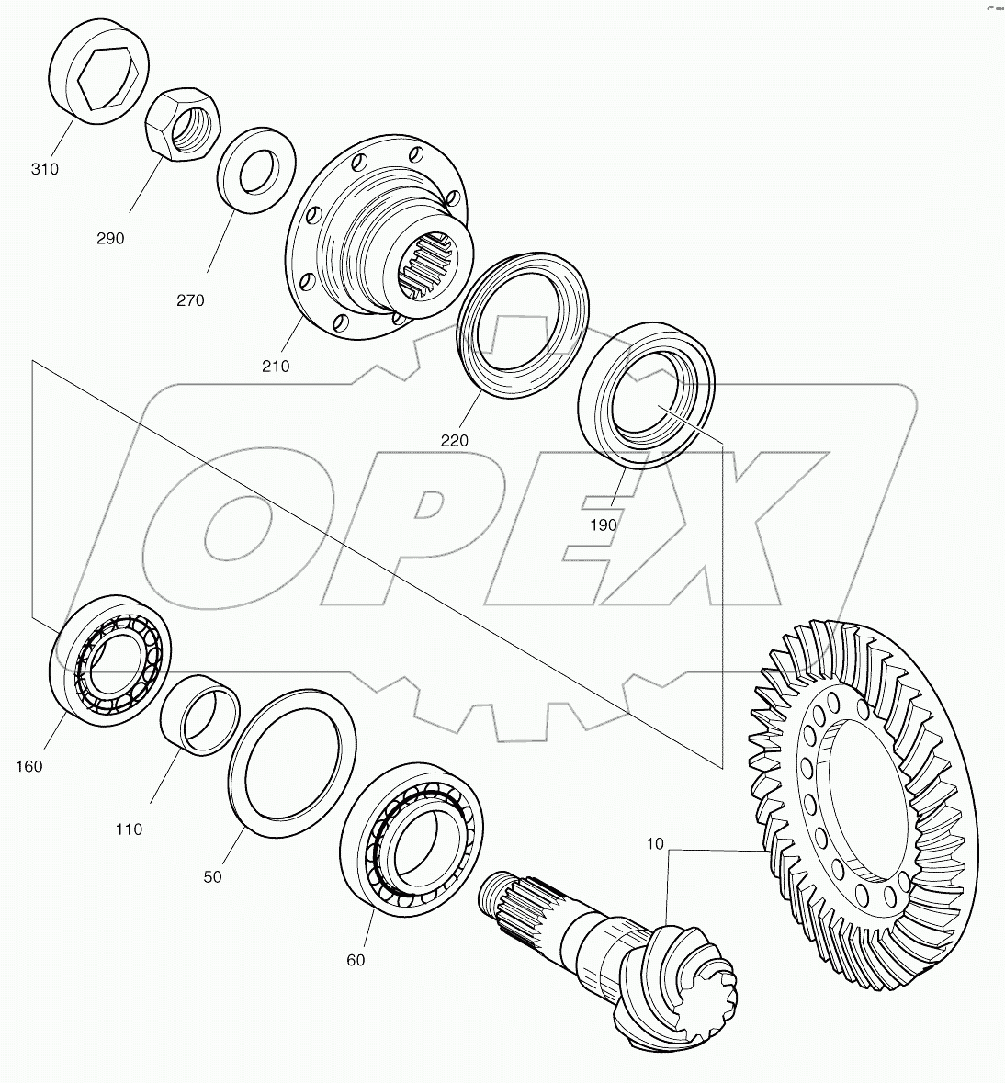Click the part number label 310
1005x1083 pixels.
point(44,169)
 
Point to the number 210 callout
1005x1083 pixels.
point(275,366)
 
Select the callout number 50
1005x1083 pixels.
point(212,876)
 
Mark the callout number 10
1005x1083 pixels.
point(653,843)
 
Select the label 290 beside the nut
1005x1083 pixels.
point(109,238)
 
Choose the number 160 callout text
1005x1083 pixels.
point(28,765)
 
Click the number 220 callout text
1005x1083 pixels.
point(454,440)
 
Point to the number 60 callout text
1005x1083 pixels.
point(356,960)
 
